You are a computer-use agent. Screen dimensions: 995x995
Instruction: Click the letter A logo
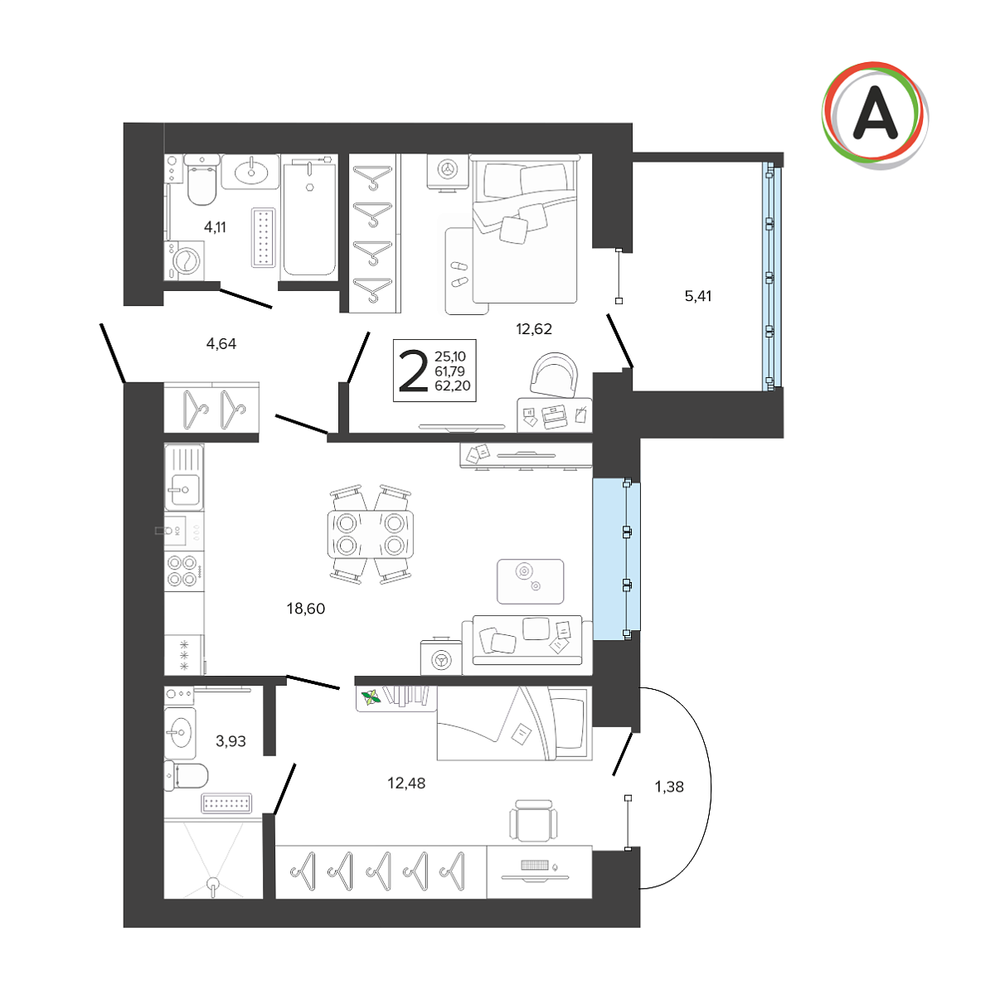(x=875, y=115)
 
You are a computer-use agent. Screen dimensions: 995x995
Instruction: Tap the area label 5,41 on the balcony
(x=697, y=296)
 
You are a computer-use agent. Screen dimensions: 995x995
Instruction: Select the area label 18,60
(x=306, y=609)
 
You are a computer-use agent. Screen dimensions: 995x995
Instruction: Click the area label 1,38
(x=669, y=786)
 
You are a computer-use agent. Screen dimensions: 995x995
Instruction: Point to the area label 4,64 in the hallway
(x=221, y=343)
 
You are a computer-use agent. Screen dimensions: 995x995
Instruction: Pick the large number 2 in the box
(x=414, y=370)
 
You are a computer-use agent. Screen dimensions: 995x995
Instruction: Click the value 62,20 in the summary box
(x=453, y=386)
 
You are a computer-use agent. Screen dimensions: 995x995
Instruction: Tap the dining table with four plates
(x=370, y=534)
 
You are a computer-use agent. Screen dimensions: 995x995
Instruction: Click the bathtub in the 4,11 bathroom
(x=308, y=217)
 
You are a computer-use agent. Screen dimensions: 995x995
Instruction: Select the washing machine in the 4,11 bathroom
(x=184, y=260)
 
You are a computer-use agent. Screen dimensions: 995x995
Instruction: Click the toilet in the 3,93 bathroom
(x=186, y=775)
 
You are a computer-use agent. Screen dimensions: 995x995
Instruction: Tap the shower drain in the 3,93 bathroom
(x=213, y=884)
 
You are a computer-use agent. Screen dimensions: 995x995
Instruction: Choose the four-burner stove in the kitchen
(x=183, y=570)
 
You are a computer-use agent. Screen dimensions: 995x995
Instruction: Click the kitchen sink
(x=184, y=477)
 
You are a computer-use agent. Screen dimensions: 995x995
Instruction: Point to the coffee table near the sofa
(x=531, y=581)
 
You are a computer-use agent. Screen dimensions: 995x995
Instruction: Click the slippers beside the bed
(x=459, y=274)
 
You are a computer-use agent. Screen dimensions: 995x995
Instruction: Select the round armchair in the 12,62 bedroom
(x=554, y=374)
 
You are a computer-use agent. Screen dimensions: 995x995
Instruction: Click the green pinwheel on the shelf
(x=371, y=698)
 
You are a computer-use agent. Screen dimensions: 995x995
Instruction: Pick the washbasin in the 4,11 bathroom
(x=251, y=171)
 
